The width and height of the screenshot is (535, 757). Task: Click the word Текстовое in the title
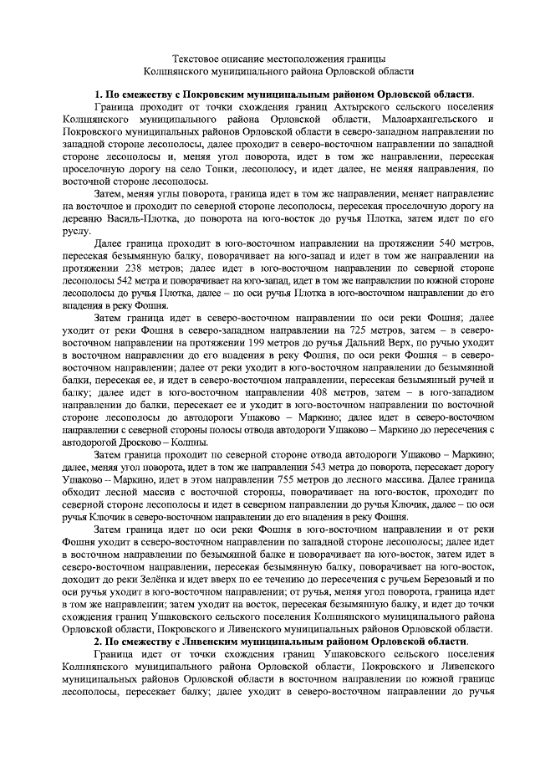[196, 60]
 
